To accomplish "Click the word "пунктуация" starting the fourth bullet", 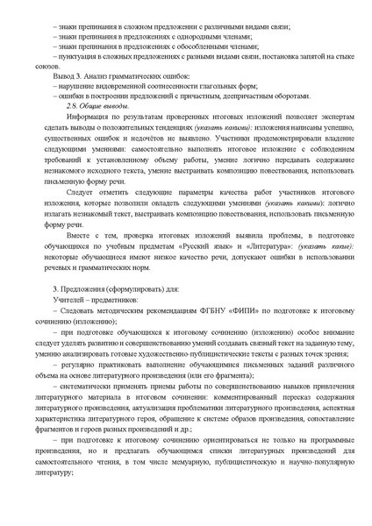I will (x=80, y=58).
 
